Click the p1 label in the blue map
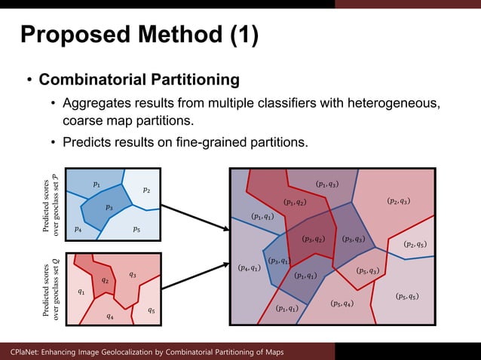[96, 183]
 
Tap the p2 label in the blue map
[146, 190]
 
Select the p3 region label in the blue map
[109, 207]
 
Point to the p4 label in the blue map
[78, 228]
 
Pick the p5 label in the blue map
[136, 228]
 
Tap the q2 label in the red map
[106, 280]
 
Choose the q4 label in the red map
[110, 316]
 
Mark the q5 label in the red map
[151, 310]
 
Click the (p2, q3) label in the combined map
[398, 201]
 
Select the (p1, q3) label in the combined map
[327, 184]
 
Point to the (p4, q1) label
[249, 267]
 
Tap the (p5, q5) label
[406, 296]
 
